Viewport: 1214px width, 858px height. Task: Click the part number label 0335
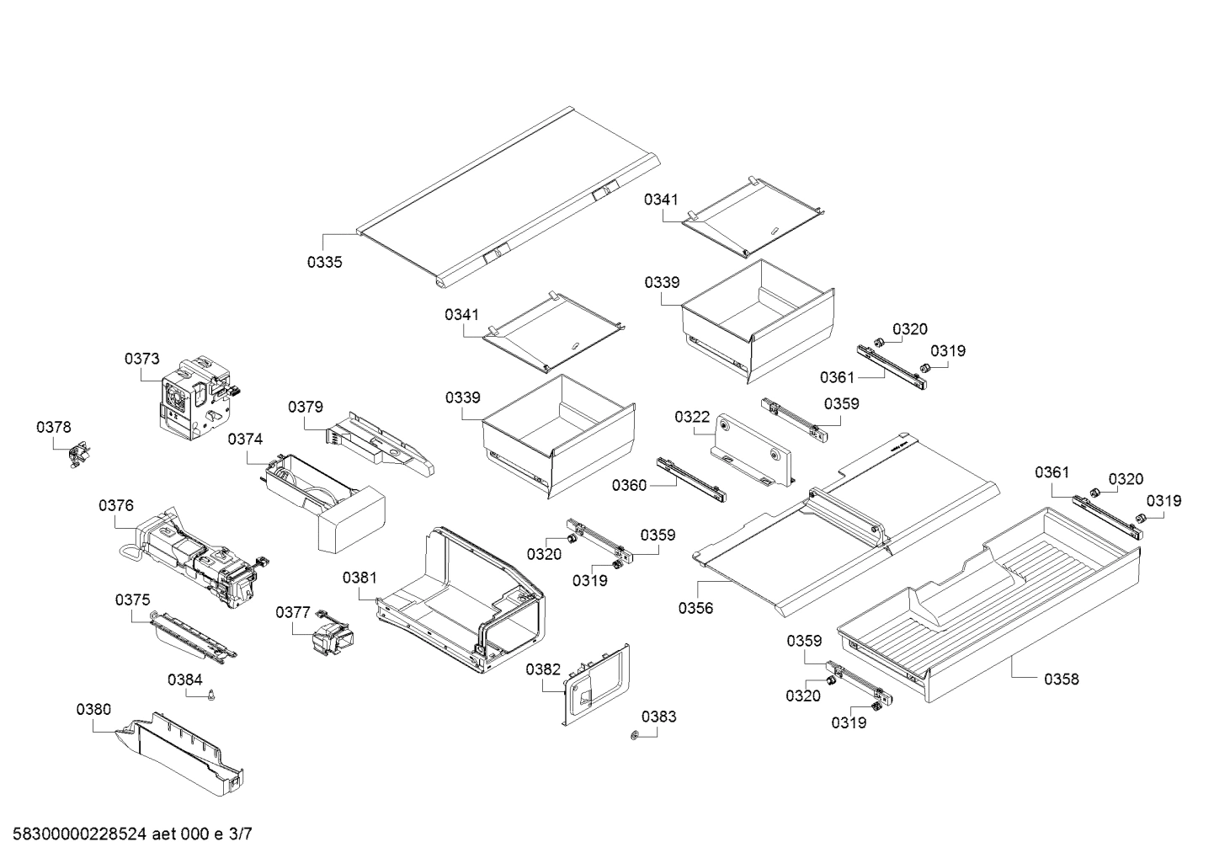(324, 262)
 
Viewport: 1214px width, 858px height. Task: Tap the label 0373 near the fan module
(141, 359)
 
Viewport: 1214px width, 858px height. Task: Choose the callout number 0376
(115, 505)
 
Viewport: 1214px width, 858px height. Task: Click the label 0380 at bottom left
(93, 710)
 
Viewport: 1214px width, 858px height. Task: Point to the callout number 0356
(695, 608)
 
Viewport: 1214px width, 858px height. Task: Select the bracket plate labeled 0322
(752, 451)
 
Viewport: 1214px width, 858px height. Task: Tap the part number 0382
(543, 669)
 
